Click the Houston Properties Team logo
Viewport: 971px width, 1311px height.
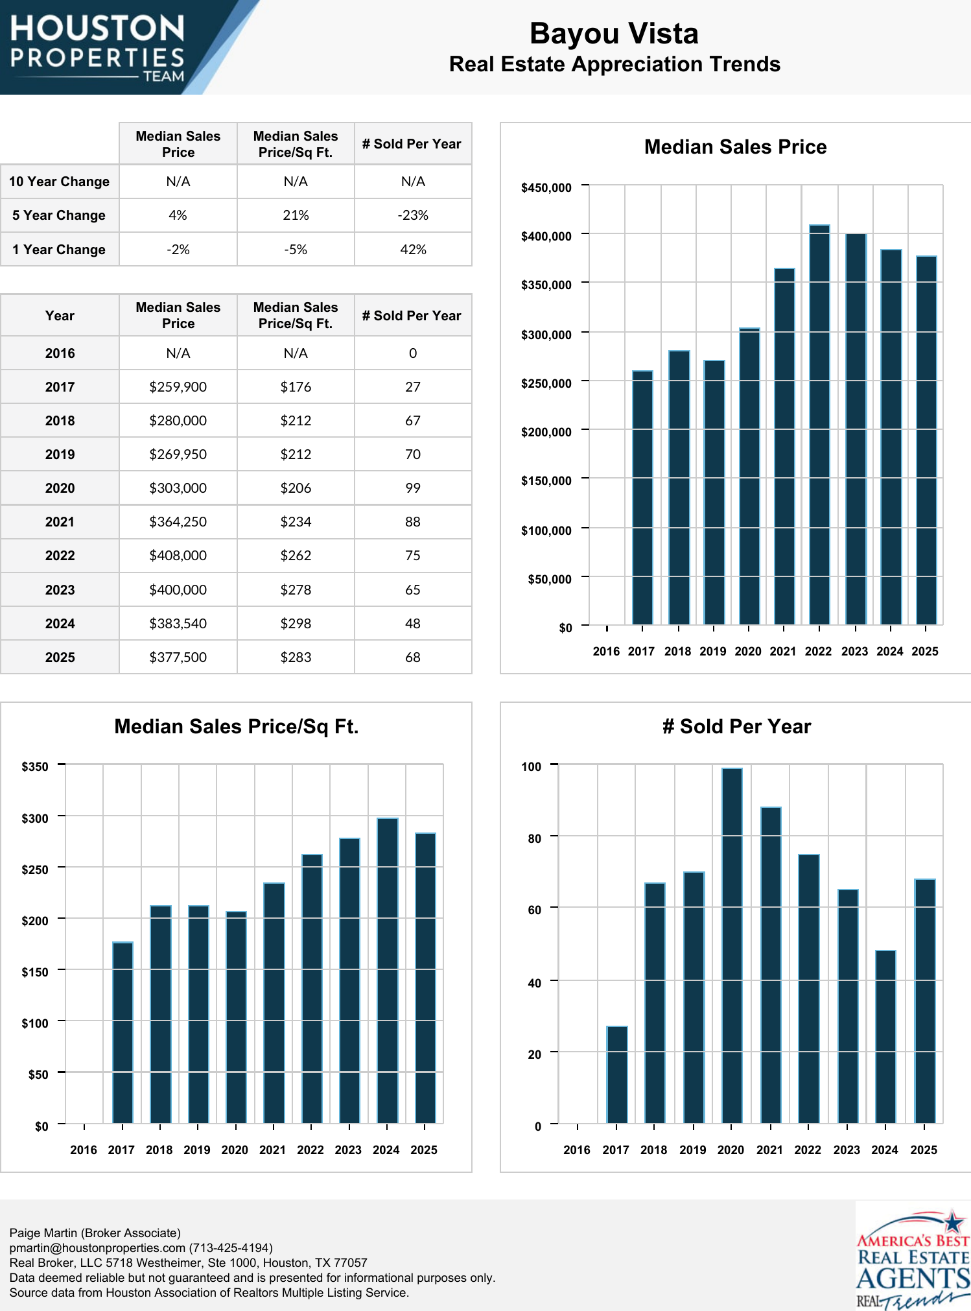click(97, 47)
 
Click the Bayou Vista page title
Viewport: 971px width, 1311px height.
click(614, 34)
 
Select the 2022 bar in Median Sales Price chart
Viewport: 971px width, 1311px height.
click(819, 425)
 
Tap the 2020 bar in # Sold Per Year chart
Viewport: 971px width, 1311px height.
click(732, 945)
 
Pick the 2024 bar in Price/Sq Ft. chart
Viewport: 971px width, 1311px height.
click(387, 971)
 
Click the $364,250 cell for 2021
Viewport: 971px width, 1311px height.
click(178, 522)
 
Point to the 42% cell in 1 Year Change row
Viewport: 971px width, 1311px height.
click(413, 250)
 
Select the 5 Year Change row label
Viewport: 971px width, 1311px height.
click(59, 215)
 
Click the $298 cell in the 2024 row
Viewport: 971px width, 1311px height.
click(296, 624)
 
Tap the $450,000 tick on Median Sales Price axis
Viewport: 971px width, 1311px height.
click(546, 188)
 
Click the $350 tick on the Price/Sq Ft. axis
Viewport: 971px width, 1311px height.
click(35, 766)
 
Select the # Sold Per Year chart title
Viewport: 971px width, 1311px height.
click(736, 726)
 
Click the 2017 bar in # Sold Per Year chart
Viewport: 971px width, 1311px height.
click(616, 1074)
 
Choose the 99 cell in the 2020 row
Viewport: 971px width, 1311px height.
click(413, 488)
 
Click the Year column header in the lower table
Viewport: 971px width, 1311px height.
click(60, 316)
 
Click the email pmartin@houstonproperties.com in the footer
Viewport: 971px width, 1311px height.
click(97, 1247)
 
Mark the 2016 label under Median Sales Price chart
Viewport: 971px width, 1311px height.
click(606, 651)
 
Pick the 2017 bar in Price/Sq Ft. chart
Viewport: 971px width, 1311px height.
click(123, 1032)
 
